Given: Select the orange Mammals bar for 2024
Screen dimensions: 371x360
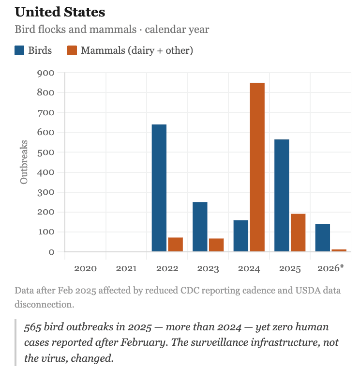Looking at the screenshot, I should (x=257, y=167).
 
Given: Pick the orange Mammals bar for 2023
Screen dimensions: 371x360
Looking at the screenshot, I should (x=216, y=245).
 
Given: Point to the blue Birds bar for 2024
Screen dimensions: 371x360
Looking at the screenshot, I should (x=241, y=236).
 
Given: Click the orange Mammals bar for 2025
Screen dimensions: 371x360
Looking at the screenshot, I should (x=298, y=232).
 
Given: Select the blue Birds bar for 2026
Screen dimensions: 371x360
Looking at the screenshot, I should (x=322, y=238).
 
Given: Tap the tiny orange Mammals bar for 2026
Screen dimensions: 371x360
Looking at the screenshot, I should (x=339, y=250).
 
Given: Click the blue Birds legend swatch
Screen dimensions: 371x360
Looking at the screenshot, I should (x=20, y=50).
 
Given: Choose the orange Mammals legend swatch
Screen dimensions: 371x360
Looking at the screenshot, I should (x=72, y=50).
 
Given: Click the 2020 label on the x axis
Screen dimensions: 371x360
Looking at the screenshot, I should (x=86, y=268).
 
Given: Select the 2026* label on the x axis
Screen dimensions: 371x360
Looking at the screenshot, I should (x=330, y=268).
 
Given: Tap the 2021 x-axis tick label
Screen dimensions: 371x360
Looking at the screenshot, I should (x=126, y=268).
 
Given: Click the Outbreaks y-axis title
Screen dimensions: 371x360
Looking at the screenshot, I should (x=24, y=162).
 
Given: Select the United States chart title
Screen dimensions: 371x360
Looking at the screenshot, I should (x=60, y=12).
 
